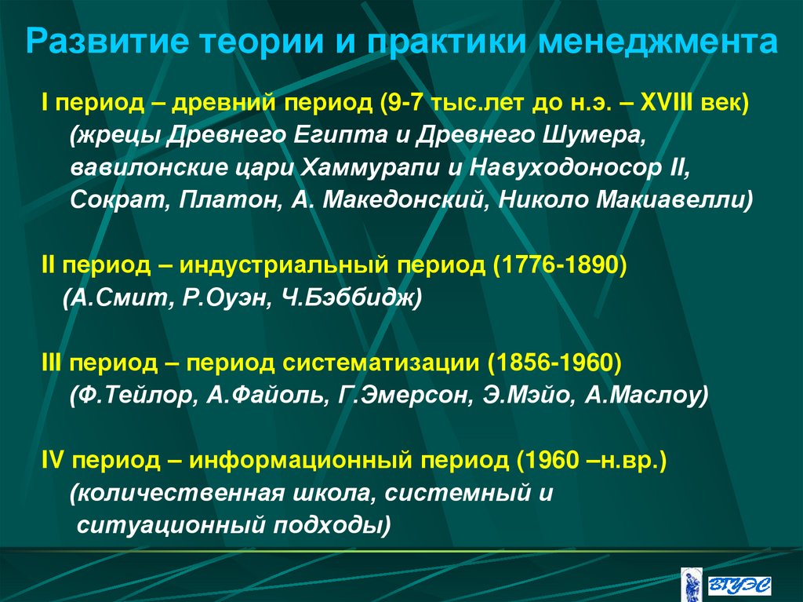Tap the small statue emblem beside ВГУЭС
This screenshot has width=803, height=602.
coord(691,582)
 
